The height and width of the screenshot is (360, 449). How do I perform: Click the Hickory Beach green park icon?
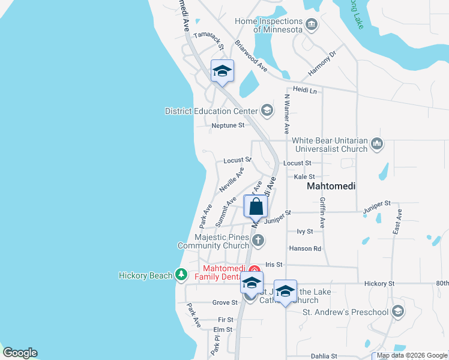pos(181,275)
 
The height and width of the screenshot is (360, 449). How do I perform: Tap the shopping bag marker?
pos(256,206)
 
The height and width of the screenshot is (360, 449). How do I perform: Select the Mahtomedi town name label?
pos(331,187)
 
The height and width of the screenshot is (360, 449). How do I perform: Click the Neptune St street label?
pos(228,125)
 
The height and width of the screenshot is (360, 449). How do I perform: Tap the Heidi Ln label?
pos(304,90)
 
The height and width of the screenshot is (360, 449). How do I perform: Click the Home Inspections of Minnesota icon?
pos(312,25)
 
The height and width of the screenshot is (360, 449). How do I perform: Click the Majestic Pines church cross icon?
pos(258,241)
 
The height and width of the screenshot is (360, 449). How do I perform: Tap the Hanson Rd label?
pos(305,248)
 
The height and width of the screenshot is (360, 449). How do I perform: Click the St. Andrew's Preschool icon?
pos(397,311)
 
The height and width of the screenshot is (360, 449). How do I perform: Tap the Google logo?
pos(20,353)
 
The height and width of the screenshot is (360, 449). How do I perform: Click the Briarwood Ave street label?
pos(251,56)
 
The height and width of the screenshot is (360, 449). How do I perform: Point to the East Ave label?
pos(397,222)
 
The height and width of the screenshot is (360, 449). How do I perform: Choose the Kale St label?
pos(304,177)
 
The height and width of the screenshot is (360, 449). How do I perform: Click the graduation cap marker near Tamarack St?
pos(222,71)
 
